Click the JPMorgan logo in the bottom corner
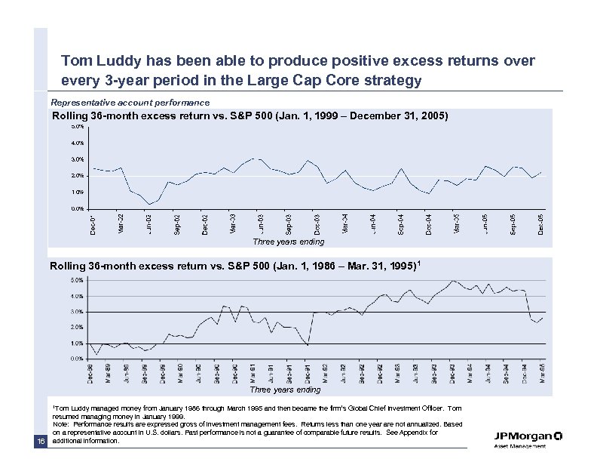(x=528, y=440)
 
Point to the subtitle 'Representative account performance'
(x=130, y=102)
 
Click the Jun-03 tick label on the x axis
(x=261, y=223)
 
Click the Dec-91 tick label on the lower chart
(x=308, y=374)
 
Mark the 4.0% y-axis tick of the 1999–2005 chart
(x=77, y=143)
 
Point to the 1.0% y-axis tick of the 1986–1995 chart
(x=77, y=343)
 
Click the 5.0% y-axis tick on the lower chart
(x=77, y=280)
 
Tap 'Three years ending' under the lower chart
(x=286, y=390)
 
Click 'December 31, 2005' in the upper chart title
(x=391, y=116)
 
